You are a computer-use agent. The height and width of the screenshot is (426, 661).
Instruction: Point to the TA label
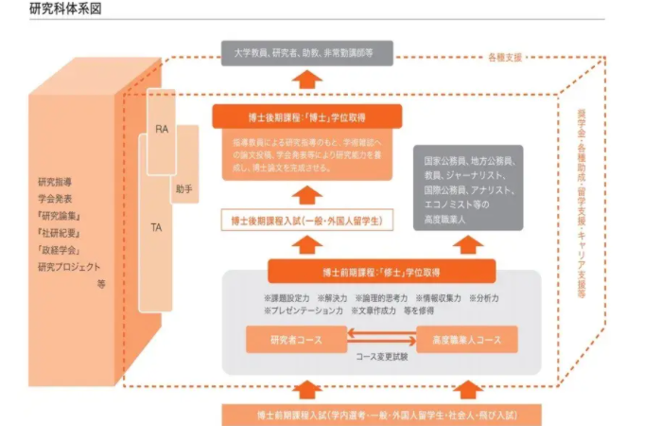point(156,227)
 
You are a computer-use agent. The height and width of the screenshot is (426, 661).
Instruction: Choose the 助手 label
point(183,188)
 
